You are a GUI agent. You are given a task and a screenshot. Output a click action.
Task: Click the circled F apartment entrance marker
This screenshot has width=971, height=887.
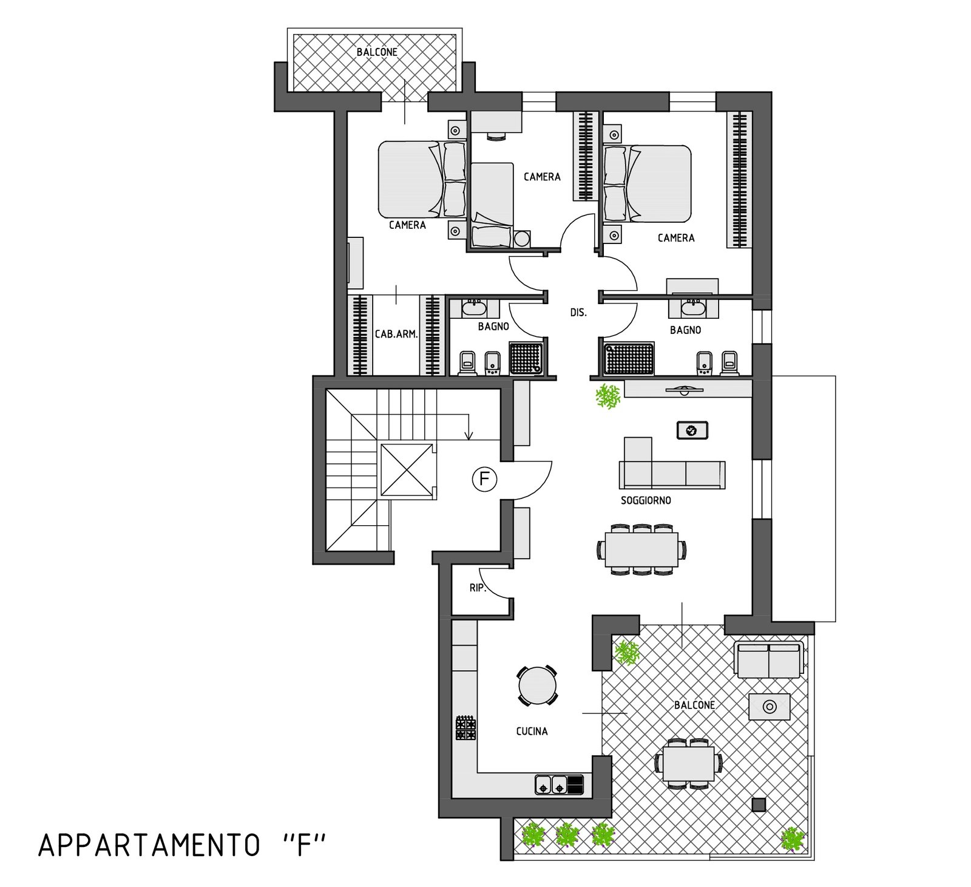pyautogui.click(x=484, y=479)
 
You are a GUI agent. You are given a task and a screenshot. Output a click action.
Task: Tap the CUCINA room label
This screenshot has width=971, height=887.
pyautogui.click(x=532, y=732)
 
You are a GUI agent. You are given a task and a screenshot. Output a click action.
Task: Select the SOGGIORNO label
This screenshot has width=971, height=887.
pyautogui.click(x=646, y=501)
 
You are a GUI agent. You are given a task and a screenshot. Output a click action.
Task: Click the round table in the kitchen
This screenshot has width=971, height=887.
pyautogui.click(x=538, y=685)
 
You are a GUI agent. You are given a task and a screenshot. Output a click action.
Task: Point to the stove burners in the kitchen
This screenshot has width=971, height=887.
pyautogui.click(x=466, y=728)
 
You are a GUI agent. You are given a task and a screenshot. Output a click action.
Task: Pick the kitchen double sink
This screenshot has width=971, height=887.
pyautogui.click(x=552, y=784)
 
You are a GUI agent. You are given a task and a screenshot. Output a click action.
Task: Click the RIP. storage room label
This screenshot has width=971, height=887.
pyautogui.click(x=478, y=588)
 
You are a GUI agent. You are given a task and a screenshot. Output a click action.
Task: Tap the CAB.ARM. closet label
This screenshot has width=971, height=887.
pyautogui.click(x=396, y=334)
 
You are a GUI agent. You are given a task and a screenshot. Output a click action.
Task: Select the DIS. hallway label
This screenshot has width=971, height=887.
pyautogui.click(x=578, y=313)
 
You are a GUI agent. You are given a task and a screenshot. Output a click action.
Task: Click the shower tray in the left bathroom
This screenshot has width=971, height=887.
pyautogui.click(x=525, y=359)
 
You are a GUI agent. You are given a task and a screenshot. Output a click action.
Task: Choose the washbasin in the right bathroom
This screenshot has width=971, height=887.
pyautogui.click(x=693, y=308)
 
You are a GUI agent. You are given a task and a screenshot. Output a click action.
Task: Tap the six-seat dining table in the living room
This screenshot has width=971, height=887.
pyautogui.click(x=641, y=549)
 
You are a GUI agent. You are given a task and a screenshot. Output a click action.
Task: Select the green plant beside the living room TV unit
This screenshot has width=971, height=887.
pyautogui.click(x=608, y=396)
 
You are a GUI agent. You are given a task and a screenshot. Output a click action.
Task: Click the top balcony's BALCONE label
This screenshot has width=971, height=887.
pyautogui.click(x=377, y=52)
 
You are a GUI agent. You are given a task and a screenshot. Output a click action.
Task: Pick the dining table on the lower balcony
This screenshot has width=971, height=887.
pyautogui.click(x=689, y=763)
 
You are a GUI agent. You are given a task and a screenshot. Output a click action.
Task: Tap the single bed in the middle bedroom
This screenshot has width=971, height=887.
pyautogui.click(x=493, y=206)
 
